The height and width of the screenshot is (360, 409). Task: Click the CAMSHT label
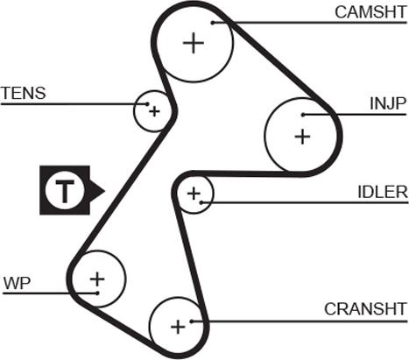pos(370,12)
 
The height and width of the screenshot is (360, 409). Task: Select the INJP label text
pos(388,103)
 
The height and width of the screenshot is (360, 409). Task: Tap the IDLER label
pos(383,192)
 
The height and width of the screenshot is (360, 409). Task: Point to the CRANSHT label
pos(365,309)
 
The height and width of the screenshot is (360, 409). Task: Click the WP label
pos(17,283)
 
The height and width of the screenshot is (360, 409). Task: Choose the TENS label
pos(24,93)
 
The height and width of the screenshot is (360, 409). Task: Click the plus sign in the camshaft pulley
pos(194,43)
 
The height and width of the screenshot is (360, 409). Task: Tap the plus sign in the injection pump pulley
pos(302,137)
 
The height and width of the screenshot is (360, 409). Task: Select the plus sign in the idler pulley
pos(194,194)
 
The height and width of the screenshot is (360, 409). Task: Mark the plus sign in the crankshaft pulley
pos(178,327)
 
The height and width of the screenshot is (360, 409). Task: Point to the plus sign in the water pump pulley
pos(97,279)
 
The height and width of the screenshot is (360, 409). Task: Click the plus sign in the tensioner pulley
pos(154,111)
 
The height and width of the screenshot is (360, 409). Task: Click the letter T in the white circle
pos(65,191)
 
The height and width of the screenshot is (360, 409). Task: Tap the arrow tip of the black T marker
pos(104,191)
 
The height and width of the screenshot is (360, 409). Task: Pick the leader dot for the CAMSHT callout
pos(213,23)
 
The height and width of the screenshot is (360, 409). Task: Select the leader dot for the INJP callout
pos(303,115)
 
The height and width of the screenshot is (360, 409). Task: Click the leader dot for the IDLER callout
pos(201,202)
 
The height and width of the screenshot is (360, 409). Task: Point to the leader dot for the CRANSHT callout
pos(192,321)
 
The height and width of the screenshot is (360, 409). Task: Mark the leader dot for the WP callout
pos(97,293)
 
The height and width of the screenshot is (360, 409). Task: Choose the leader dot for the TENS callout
pos(147,104)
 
